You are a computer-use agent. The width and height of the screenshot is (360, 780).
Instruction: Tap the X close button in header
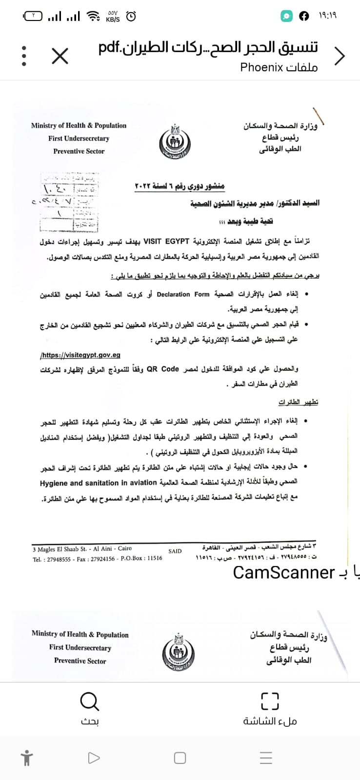(x=60, y=56)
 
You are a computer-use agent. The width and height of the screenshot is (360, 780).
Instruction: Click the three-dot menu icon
(x=24, y=56)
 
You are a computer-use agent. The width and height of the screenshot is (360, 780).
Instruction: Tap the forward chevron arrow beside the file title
(x=340, y=56)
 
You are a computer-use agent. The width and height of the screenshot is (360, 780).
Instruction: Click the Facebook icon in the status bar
(x=304, y=16)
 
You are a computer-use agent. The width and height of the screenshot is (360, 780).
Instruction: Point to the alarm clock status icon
(x=131, y=17)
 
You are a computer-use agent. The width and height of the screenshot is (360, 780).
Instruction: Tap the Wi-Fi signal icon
(x=93, y=17)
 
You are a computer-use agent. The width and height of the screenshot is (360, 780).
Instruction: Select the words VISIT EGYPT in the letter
(x=166, y=241)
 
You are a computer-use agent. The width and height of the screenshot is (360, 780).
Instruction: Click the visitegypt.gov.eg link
(x=80, y=355)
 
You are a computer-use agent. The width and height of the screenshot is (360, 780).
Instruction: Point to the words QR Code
(x=163, y=369)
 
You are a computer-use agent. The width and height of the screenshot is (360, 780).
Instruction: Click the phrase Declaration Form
(x=183, y=294)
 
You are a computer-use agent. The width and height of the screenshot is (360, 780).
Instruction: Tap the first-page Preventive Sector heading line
(x=79, y=151)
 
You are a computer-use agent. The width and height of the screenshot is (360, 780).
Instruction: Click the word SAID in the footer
(x=175, y=551)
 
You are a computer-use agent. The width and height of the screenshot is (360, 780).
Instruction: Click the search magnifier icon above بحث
(x=90, y=702)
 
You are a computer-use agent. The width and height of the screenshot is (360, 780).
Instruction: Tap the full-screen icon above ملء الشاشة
(x=270, y=702)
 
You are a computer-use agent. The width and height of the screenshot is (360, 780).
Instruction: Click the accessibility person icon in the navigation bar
(x=27, y=758)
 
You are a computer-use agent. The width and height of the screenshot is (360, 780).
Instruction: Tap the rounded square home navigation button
(x=180, y=758)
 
